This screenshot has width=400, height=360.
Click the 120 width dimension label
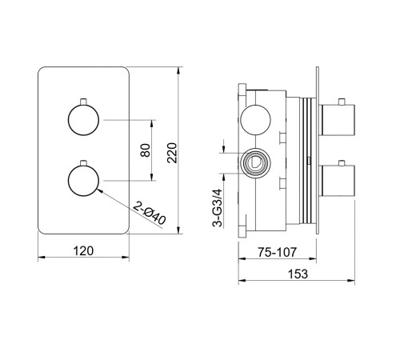point(83,251)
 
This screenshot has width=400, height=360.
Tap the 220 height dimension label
point(172,153)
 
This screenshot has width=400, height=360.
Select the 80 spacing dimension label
point(146,150)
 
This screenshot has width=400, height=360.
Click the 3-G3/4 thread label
point(217,208)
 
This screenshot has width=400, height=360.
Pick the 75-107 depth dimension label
point(277,252)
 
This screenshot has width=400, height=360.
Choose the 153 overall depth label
point(298,274)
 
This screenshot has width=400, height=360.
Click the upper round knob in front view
point(83,120)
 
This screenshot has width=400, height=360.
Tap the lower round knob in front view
point(83,181)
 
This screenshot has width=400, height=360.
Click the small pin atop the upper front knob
point(83,102)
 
